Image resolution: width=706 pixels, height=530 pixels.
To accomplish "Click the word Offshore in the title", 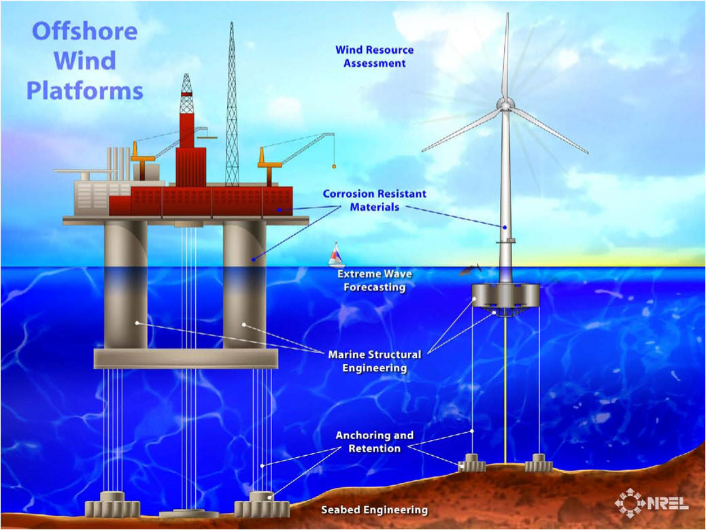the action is [84, 31].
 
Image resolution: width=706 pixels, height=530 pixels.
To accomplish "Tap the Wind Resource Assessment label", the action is [374, 56].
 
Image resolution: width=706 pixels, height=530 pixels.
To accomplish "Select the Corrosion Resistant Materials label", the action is [374, 201].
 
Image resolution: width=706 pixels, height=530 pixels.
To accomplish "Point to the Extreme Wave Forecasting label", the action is [375, 280].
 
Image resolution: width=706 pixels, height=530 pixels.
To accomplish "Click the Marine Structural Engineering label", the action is [375, 361].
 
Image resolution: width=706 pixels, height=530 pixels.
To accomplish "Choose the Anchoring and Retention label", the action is [375, 442].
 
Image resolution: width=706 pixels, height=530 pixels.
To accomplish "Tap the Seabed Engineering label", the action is [375, 510].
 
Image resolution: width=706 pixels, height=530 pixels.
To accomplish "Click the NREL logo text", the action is [668, 503].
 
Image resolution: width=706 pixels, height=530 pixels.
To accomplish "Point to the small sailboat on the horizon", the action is [336, 255].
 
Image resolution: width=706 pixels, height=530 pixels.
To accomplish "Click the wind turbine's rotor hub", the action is [505, 105].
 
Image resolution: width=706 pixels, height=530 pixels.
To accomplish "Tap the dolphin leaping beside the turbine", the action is [470, 270].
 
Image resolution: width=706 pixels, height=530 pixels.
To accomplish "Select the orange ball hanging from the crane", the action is [334, 167].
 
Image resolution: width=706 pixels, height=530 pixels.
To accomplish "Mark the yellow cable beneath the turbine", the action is [505, 390].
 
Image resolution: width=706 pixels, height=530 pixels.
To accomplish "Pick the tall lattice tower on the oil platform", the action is [232, 104].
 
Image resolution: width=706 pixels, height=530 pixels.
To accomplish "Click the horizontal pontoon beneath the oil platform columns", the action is [186, 359].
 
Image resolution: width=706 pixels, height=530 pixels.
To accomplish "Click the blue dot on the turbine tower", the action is [505, 227].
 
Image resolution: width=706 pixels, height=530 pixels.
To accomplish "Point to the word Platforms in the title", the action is [85, 91].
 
